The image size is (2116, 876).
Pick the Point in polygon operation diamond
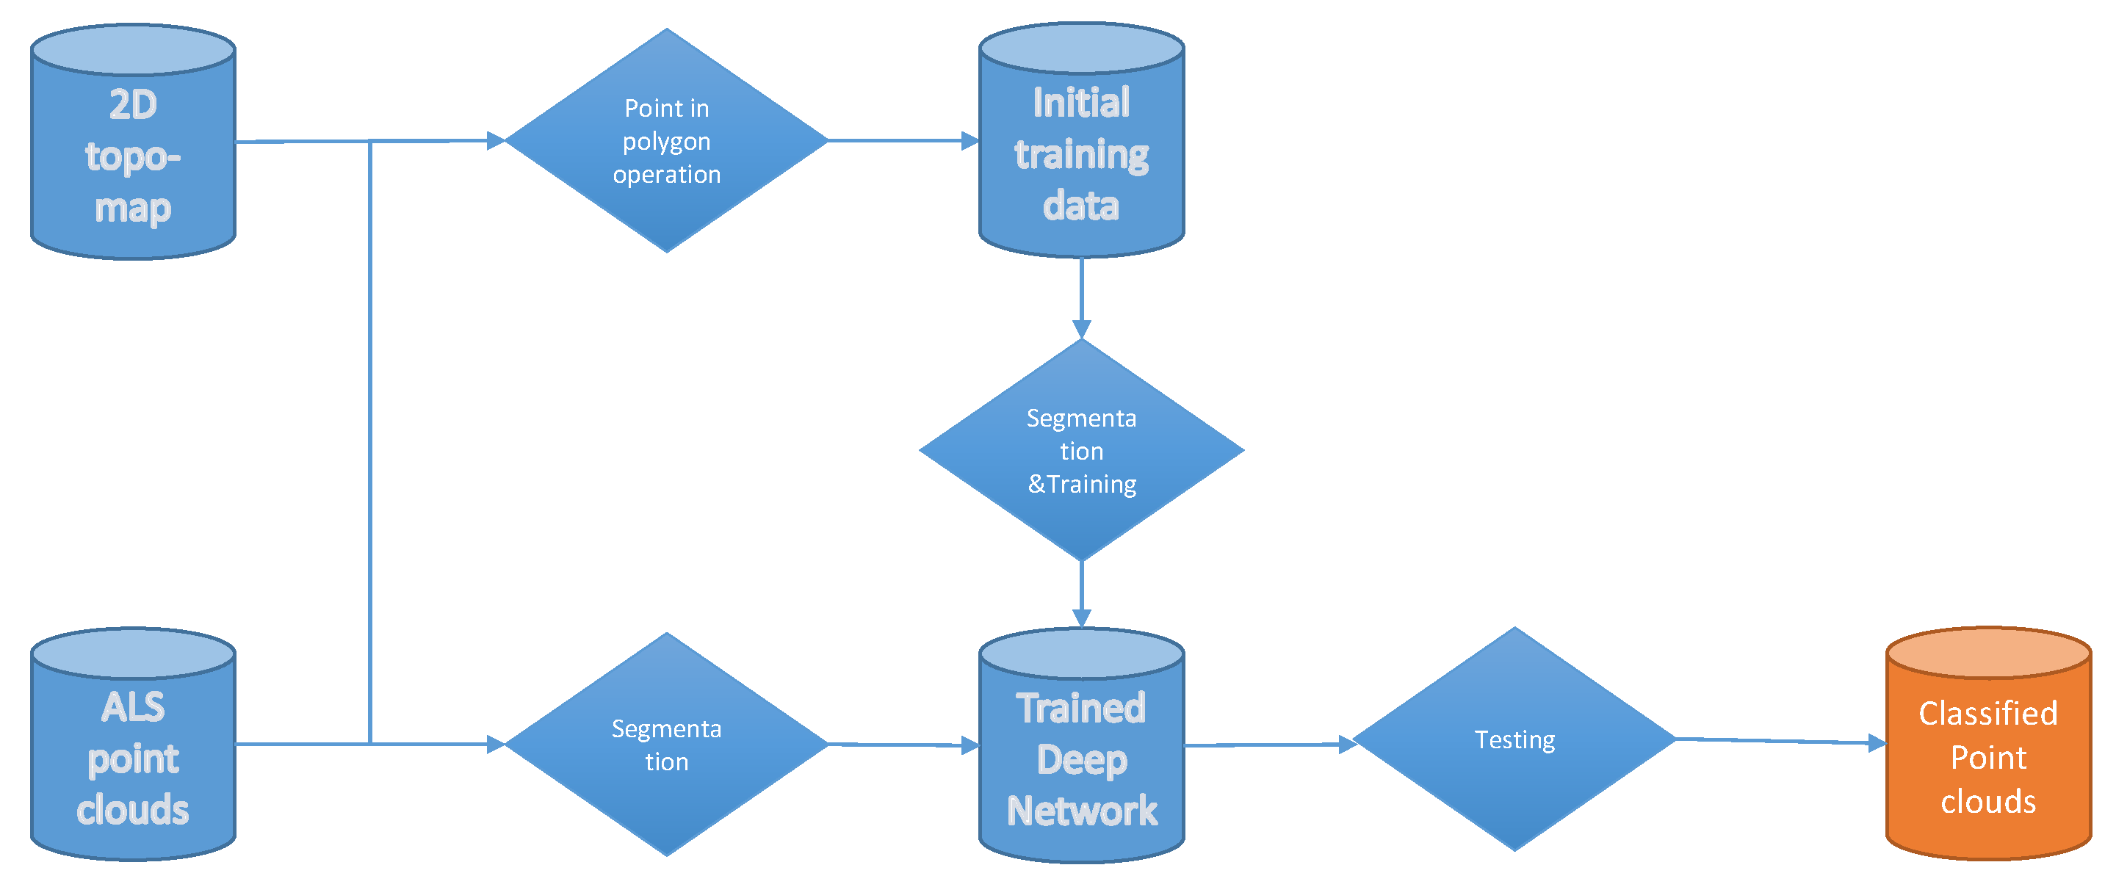pyautogui.click(x=666, y=140)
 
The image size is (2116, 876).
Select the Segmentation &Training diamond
pyautogui.click(x=1081, y=451)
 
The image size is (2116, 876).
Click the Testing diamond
pyautogui.click(x=1514, y=739)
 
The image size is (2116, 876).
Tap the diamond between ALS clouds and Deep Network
pyautogui.click(x=666, y=744)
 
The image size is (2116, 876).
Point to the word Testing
pyautogui.click(x=1514, y=739)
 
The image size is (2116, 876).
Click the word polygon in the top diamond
pyautogui.click(x=666, y=142)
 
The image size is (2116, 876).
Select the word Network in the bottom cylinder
pyautogui.click(x=1081, y=811)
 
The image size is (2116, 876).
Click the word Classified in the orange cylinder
pyautogui.click(x=1988, y=713)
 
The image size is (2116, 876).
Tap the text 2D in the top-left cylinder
pyautogui.click(x=133, y=105)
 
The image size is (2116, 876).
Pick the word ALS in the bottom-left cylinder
pyautogui.click(x=133, y=707)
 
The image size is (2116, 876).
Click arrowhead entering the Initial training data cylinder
pyautogui.click(x=969, y=140)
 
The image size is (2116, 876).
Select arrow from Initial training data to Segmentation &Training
pyautogui.click(x=1081, y=296)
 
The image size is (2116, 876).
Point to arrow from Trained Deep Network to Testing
pyautogui.click(x=1265, y=745)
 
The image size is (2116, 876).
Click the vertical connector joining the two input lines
pyautogui.click(x=370, y=444)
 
